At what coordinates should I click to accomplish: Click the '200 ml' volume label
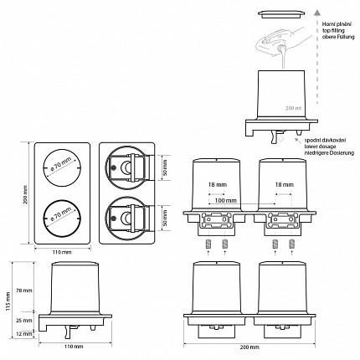coord(293,108)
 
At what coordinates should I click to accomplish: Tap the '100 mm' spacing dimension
coord(225,200)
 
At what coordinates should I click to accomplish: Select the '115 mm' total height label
coord(8,301)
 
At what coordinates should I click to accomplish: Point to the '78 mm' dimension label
coord(24,291)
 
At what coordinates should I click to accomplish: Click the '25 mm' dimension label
coord(24,321)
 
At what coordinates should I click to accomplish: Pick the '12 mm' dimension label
coord(24,333)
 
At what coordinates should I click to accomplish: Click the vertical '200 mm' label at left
coord(26,194)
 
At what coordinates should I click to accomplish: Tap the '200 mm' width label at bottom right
coord(249,347)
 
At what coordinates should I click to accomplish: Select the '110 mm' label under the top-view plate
coord(62,252)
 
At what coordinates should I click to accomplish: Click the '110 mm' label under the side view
coord(74,347)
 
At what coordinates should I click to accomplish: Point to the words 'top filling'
coord(333,30)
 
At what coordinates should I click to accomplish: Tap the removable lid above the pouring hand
coord(280,13)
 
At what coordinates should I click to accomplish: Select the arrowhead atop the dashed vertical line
coord(316,13)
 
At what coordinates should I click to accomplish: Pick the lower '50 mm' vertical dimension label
coord(165,219)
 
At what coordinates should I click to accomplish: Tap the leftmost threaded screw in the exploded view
coord(208,244)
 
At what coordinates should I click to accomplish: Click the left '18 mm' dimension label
coord(218,184)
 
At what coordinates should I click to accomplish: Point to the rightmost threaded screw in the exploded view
coord(292,244)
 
